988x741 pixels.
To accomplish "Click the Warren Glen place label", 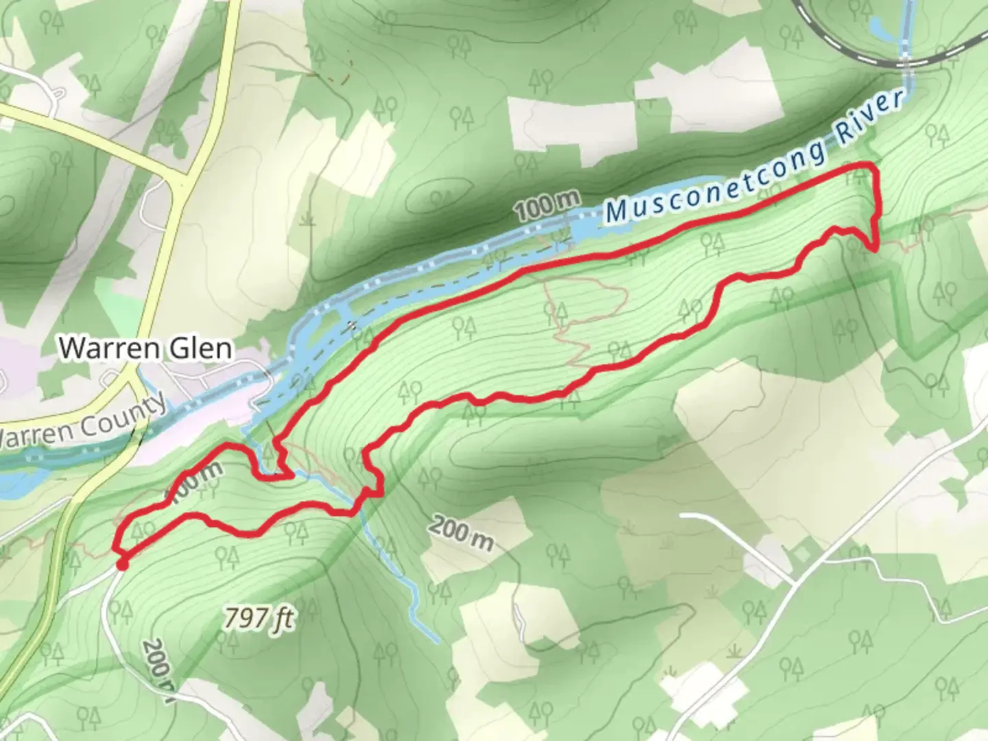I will pos(145,349).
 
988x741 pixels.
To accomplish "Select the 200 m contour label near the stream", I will pos(462,534).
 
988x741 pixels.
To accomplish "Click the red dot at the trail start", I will pos(122,564).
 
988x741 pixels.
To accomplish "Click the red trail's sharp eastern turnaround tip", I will pos(876,248).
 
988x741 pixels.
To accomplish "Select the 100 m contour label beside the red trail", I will pos(195,484).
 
